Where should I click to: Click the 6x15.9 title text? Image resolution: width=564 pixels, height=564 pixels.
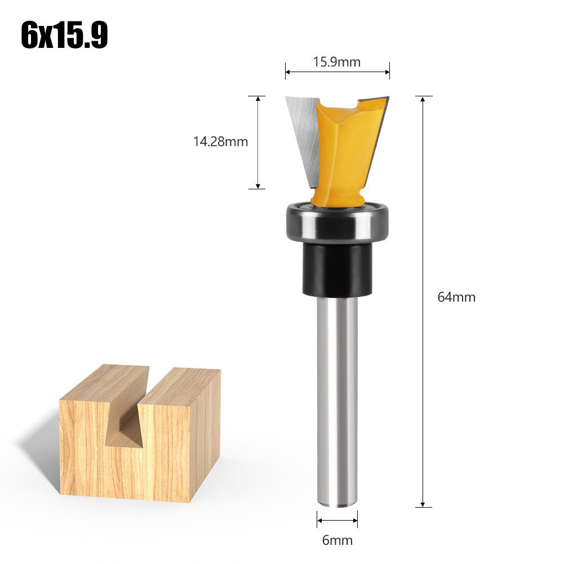(x=64, y=35)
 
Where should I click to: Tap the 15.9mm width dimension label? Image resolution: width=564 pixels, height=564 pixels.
(x=336, y=61)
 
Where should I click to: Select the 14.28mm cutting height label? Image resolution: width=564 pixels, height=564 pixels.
(x=221, y=141)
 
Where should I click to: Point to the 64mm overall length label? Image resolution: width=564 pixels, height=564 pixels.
(x=456, y=297)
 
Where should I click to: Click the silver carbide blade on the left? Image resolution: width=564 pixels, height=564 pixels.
(x=303, y=135)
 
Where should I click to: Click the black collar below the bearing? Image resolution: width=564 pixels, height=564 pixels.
(x=336, y=269)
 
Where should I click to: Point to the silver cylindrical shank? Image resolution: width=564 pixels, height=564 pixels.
(x=336, y=394)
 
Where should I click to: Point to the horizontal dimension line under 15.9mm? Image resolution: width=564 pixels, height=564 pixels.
(x=337, y=72)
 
